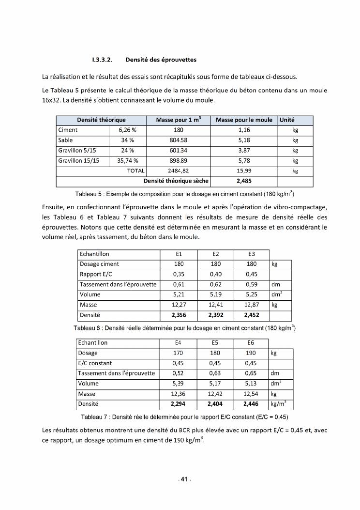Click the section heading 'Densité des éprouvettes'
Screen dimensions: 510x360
point(160,60)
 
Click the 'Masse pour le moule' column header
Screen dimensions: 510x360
point(244,120)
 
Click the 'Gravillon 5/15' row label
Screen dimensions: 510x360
point(77,150)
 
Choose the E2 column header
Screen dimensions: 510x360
point(215,254)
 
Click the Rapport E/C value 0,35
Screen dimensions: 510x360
point(179,274)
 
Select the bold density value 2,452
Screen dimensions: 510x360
point(251,315)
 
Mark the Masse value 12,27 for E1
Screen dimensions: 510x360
point(179,305)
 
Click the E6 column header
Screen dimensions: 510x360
point(251,342)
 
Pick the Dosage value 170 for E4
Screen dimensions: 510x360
point(178,353)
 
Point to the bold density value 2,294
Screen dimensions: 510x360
point(178,404)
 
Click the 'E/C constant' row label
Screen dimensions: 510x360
point(95,363)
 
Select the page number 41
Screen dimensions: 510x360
point(184,479)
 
